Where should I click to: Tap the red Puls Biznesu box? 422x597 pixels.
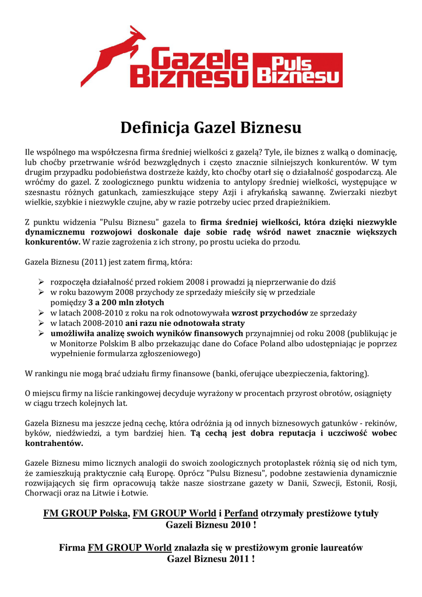[x=298, y=71]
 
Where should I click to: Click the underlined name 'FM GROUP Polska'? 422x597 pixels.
[x=86, y=514]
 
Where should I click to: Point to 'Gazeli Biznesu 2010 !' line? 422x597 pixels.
[x=211, y=525]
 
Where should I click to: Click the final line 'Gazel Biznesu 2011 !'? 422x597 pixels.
[x=211, y=559]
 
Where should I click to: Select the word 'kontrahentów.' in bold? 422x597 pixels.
[x=54, y=443]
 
